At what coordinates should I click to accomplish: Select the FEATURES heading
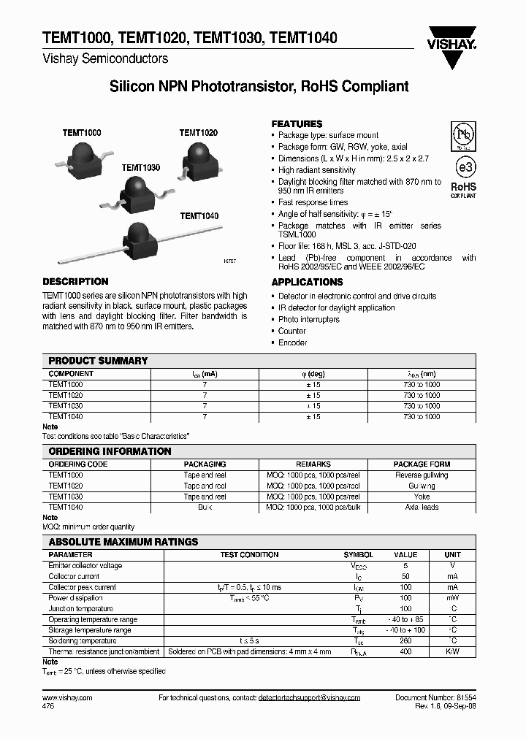(297, 124)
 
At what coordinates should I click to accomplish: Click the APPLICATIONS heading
(307, 282)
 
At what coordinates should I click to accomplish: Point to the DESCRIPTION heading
(75, 281)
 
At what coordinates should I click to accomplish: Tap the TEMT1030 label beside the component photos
(140, 167)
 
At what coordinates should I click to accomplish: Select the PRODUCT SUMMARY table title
(98, 361)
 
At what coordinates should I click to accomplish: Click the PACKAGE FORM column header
(422, 464)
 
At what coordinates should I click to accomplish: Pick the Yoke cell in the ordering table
(422, 497)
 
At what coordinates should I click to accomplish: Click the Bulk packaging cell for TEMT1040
(205, 507)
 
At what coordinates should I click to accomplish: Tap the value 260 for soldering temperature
(405, 640)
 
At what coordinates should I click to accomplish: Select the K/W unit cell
(453, 651)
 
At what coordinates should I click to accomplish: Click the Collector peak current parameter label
(82, 587)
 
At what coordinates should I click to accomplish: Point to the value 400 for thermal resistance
(405, 651)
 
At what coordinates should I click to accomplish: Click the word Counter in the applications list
(292, 331)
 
